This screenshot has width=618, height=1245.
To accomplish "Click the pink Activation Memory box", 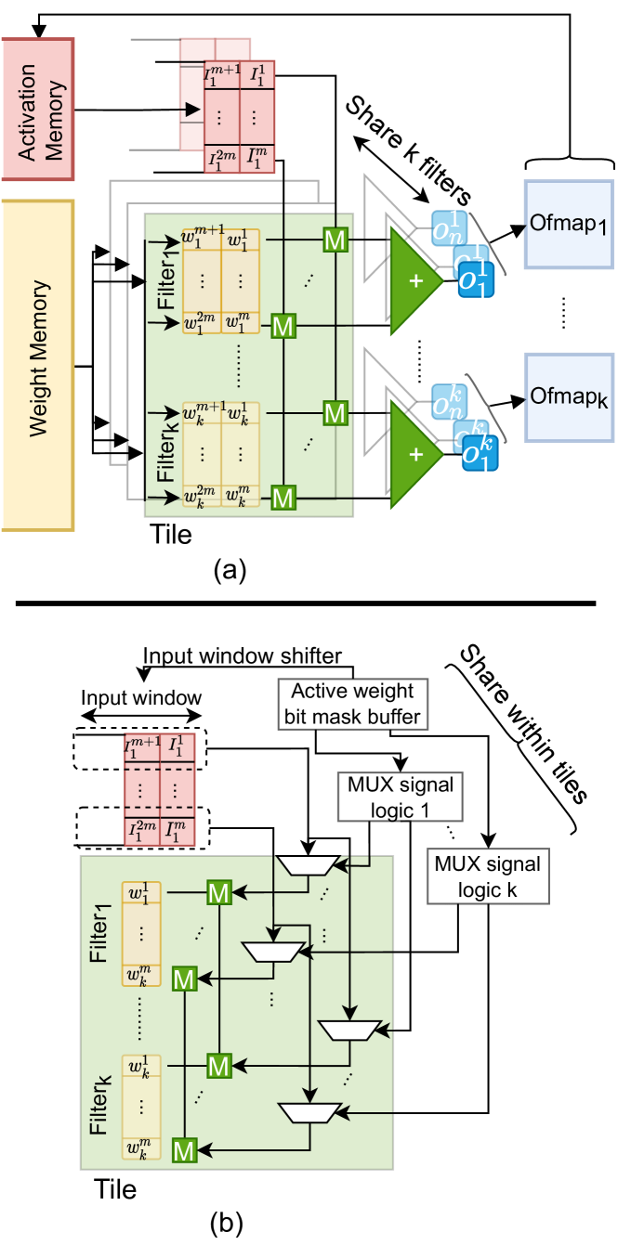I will click(x=38, y=110).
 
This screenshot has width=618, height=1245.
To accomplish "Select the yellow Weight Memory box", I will click(x=38, y=365).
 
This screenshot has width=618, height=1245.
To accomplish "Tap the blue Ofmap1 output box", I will click(x=569, y=225).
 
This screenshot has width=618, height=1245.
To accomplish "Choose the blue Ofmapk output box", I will click(x=569, y=396).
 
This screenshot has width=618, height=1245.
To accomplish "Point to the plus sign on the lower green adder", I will click(x=414, y=455).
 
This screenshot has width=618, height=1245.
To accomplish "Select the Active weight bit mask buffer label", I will click(x=352, y=704).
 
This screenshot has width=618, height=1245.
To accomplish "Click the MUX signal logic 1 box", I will click(x=401, y=797).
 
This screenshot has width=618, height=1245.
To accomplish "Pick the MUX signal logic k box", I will click(x=487, y=876).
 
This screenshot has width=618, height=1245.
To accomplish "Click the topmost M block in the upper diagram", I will click(x=335, y=240).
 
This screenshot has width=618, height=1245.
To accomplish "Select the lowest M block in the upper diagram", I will click(x=283, y=498).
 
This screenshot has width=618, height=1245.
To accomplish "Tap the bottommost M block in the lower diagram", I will click(x=184, y=1151).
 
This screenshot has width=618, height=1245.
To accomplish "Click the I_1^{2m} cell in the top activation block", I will click(x=221, y=160).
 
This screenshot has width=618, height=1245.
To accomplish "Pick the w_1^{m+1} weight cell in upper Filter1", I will click(x=202, y=240).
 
